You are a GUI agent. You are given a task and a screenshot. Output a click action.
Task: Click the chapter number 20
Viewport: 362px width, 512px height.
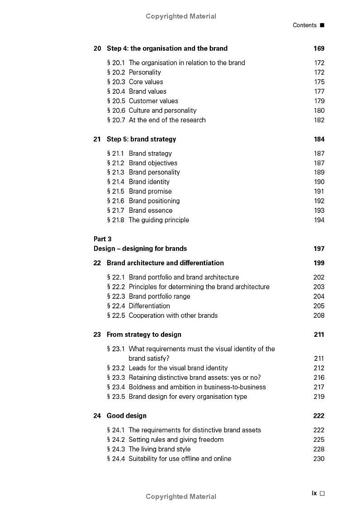pos(97,48)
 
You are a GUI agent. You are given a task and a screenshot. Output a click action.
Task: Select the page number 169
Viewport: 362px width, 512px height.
pos(319,48)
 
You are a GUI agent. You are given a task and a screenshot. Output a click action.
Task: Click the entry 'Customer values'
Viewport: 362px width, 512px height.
pos(153,101)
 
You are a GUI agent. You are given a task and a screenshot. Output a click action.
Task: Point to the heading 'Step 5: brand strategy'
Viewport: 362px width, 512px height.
pos(141,139)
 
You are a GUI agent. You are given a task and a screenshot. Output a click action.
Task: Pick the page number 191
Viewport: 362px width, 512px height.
pos(319,191)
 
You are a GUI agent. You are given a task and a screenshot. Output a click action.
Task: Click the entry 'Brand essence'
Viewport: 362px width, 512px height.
pos(150,211)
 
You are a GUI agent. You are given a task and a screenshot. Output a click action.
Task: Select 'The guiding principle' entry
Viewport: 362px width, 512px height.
pos(159,220)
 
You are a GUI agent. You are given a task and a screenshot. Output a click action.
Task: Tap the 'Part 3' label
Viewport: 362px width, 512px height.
pos(102,239)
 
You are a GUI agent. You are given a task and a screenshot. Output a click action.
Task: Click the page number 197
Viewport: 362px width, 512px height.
pos(319,249)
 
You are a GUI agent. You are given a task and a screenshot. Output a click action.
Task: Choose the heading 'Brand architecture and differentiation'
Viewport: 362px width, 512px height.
pos(165,263)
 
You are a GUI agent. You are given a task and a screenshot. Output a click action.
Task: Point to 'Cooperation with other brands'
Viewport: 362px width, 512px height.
pos(173,316)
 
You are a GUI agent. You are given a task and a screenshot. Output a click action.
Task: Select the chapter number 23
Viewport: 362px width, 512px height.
pos(97,335)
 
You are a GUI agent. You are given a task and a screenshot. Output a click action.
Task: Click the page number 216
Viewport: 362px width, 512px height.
pos(319,378)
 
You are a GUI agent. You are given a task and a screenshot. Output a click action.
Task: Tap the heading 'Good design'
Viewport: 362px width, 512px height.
pos(126,416)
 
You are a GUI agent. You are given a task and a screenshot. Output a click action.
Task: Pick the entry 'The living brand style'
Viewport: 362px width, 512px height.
pos(159,449)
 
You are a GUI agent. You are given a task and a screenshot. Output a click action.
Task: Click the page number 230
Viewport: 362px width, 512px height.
pos(319,459)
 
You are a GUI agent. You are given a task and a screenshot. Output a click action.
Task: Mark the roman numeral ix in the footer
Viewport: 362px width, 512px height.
pos(314,493)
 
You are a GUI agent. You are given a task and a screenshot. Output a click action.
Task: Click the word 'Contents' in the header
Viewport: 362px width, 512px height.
pos(305,25)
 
